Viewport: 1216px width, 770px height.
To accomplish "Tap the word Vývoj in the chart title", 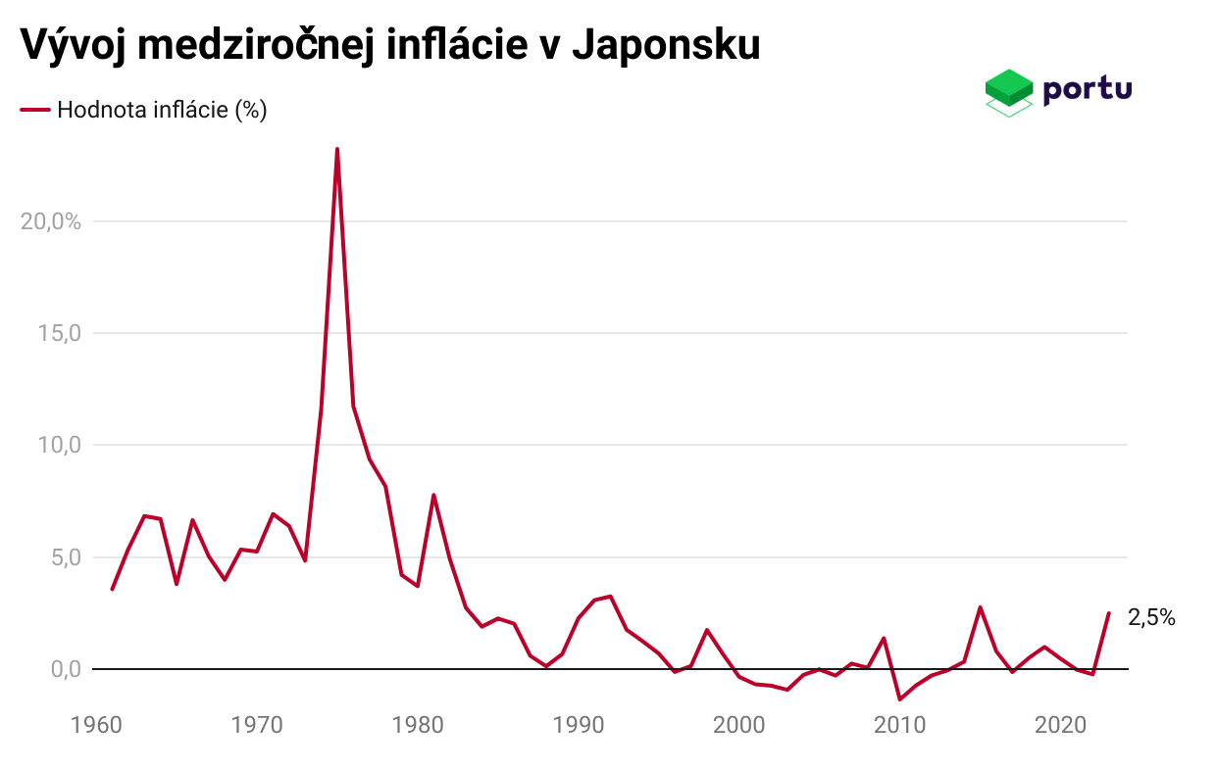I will point(71,45).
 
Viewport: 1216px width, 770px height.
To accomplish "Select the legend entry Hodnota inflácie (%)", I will point(162,110).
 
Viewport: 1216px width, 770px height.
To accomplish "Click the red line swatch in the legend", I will point(35,110).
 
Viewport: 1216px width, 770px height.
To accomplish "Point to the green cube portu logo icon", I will point(1009,92).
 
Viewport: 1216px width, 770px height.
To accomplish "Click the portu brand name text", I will point(1088,88).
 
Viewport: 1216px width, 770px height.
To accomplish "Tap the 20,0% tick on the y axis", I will point(50,221).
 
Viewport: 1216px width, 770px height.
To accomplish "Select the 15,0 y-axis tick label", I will point(59,333).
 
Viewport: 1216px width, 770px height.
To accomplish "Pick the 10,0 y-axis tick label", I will point(59,446).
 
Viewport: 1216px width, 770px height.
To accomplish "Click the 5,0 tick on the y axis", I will point(64,557).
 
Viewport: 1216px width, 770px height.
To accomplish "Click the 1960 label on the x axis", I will point(96,726).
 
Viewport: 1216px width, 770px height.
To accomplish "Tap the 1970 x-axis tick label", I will point(257,726).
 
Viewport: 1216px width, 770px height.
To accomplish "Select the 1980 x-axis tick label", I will point(418,726).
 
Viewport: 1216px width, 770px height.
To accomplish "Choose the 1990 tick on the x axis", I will point(579,726).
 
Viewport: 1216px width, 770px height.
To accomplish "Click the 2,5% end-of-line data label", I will point(1151,618).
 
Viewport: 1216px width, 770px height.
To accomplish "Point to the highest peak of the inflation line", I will point(337,150).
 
